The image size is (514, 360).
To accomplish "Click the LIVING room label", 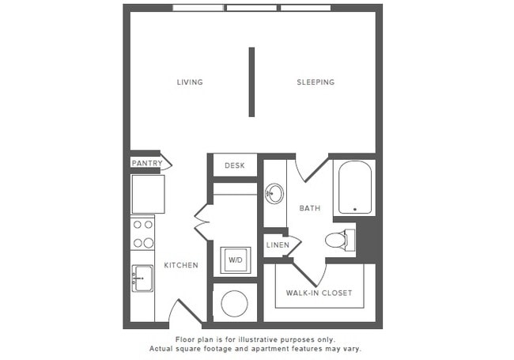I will (190, 82).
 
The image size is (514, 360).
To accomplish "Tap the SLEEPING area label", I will (316, 82).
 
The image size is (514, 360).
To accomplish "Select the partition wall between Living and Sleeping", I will (251, 81).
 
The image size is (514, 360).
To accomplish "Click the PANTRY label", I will (147, 164).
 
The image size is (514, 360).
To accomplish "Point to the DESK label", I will (235, 165).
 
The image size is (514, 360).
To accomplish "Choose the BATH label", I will (309, 208).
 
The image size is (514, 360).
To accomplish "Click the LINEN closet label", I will (277, 245).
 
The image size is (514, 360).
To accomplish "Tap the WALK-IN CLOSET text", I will (319, 293).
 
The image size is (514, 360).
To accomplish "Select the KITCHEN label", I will (181, 265).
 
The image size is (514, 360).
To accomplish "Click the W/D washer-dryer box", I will (235, 260).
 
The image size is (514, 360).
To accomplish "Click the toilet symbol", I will (338, 239).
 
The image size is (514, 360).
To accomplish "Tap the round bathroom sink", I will (274, 194).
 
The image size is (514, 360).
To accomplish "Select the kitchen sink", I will (142, 279).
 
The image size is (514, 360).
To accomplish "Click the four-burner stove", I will (143, 234).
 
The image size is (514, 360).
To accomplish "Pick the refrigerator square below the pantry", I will (148, 194).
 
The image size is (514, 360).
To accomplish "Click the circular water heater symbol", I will (234, 304).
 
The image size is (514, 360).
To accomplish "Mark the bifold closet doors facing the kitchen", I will (201, 222).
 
